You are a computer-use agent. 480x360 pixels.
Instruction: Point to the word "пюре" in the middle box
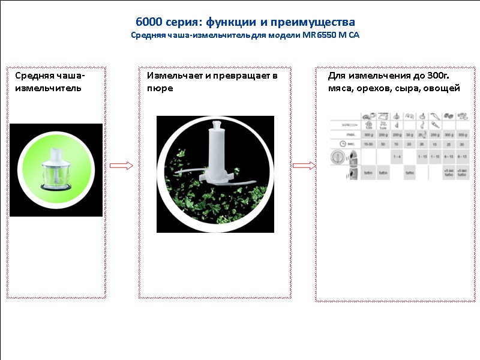click(160, 88)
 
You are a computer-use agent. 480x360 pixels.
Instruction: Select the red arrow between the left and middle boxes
click(121, 166)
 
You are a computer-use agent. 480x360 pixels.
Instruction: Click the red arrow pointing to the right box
click(304, 166)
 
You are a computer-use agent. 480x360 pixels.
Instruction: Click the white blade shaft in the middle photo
click(214, 153)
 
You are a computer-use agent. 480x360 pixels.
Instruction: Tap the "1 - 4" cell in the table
click(396, 157)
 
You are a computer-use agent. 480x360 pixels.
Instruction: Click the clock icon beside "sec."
click(340, 144)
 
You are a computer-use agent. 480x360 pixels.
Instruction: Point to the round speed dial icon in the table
click(337, 158)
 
